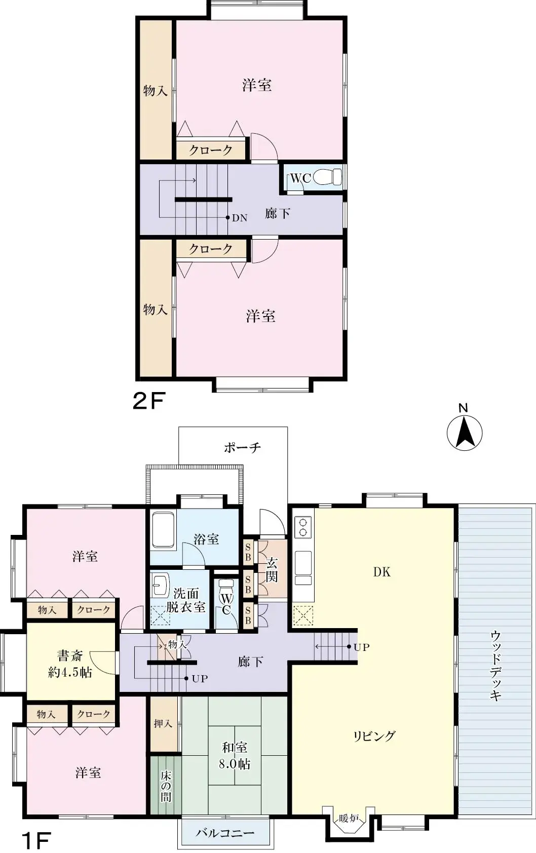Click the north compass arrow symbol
[464, 434]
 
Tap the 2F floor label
[148, 401]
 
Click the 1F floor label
[35, 841]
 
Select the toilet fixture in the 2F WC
[328, 177]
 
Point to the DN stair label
[240, 218]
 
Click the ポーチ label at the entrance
[242, 447]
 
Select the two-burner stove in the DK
[303, 526]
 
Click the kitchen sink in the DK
[303, 566]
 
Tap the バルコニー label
[225, 833]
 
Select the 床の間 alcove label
[166, 786]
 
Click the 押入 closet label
[163, 724]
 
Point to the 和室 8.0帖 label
[235, 755]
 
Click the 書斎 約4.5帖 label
[70, 664]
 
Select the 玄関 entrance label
[272, 569]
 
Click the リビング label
[374, 736]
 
